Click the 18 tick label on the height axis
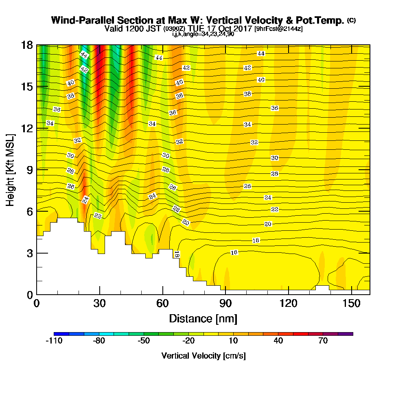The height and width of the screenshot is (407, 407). tap(26, 45)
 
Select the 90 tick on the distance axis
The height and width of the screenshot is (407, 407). tap(225, 294)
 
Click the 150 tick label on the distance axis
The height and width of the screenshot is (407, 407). tap(351, 304)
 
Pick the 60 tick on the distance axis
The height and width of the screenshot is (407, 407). tap(162, 294)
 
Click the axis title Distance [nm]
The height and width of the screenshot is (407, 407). tap(203, 318)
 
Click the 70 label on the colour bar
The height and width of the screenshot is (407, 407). tap(323, 341)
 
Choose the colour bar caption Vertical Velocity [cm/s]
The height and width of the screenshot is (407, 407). tap(203, 356)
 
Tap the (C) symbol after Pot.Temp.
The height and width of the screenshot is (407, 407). tap(351, 20)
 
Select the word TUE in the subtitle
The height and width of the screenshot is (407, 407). tap(197, 29)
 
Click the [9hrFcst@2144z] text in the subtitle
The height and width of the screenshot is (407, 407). tap(278, 29)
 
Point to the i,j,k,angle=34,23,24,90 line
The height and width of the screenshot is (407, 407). tap(203, 34)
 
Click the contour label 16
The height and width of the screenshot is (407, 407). tap(234, 253)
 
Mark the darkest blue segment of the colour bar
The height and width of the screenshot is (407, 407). tap(61, 334)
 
